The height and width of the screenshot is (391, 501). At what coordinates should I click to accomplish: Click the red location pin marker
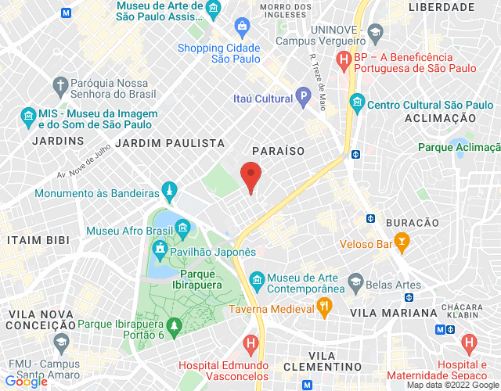[250, 175]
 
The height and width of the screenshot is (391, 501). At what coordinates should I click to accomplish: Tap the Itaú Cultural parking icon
[303, 98]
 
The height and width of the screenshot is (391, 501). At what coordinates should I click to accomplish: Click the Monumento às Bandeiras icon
[168, 192]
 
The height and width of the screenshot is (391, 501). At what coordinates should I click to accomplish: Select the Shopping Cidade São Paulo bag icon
[242, 30]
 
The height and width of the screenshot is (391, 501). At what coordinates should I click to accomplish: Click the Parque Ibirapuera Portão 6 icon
[175, 324]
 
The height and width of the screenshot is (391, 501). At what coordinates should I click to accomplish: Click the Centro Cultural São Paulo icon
[357, 102]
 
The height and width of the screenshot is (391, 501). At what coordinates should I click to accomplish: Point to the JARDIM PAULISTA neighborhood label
[169, 143]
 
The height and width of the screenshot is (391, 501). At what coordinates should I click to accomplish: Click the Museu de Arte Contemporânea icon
[256, 278]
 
